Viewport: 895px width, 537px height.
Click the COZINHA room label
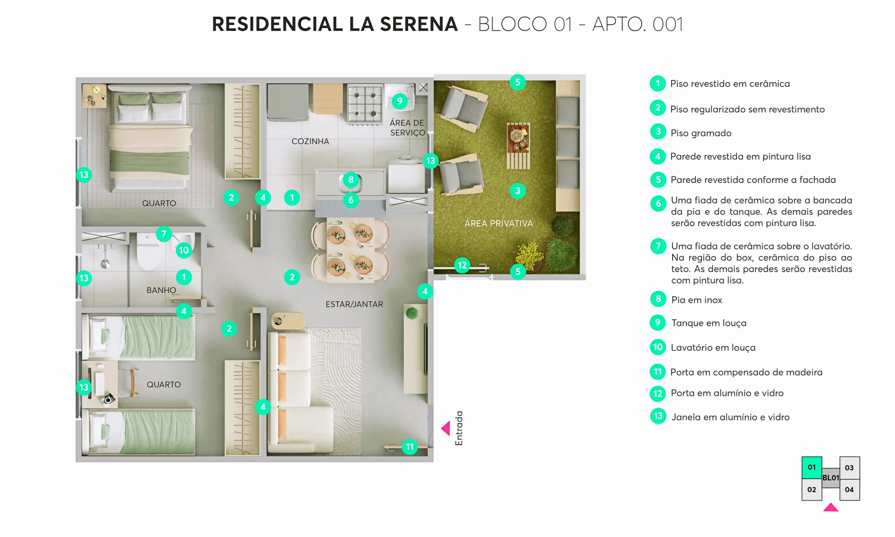click(x=310, y=141)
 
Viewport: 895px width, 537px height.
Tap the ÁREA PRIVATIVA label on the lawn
click(x=499, y=223)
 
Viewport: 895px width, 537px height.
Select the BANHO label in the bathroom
click(x=161, y=290)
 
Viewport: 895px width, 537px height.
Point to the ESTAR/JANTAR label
click(x=354, y=304)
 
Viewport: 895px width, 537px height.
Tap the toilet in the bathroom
click(x=148, y=251)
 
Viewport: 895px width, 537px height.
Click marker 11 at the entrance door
click(x=409, y=446)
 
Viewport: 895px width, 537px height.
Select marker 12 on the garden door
click(x=462, y=265)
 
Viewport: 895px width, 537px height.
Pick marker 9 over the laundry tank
click(x=399, y=101)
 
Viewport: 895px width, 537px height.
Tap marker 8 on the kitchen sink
click(x=351, y=179)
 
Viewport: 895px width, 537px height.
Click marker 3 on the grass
click(x=518, y=191)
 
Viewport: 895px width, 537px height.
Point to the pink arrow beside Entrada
click(x=446, y=428)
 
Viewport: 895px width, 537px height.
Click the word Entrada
click(x=459, y=428)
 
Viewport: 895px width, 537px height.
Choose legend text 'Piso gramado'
click(x=701, y=133)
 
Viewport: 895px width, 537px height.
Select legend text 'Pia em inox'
click(x=696, y=300)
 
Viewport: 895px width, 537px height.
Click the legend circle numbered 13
click(x=658, y=416)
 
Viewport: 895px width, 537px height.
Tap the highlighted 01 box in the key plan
click(x=811, y=467)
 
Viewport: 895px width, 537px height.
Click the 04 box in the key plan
click(x=849, y=489)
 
